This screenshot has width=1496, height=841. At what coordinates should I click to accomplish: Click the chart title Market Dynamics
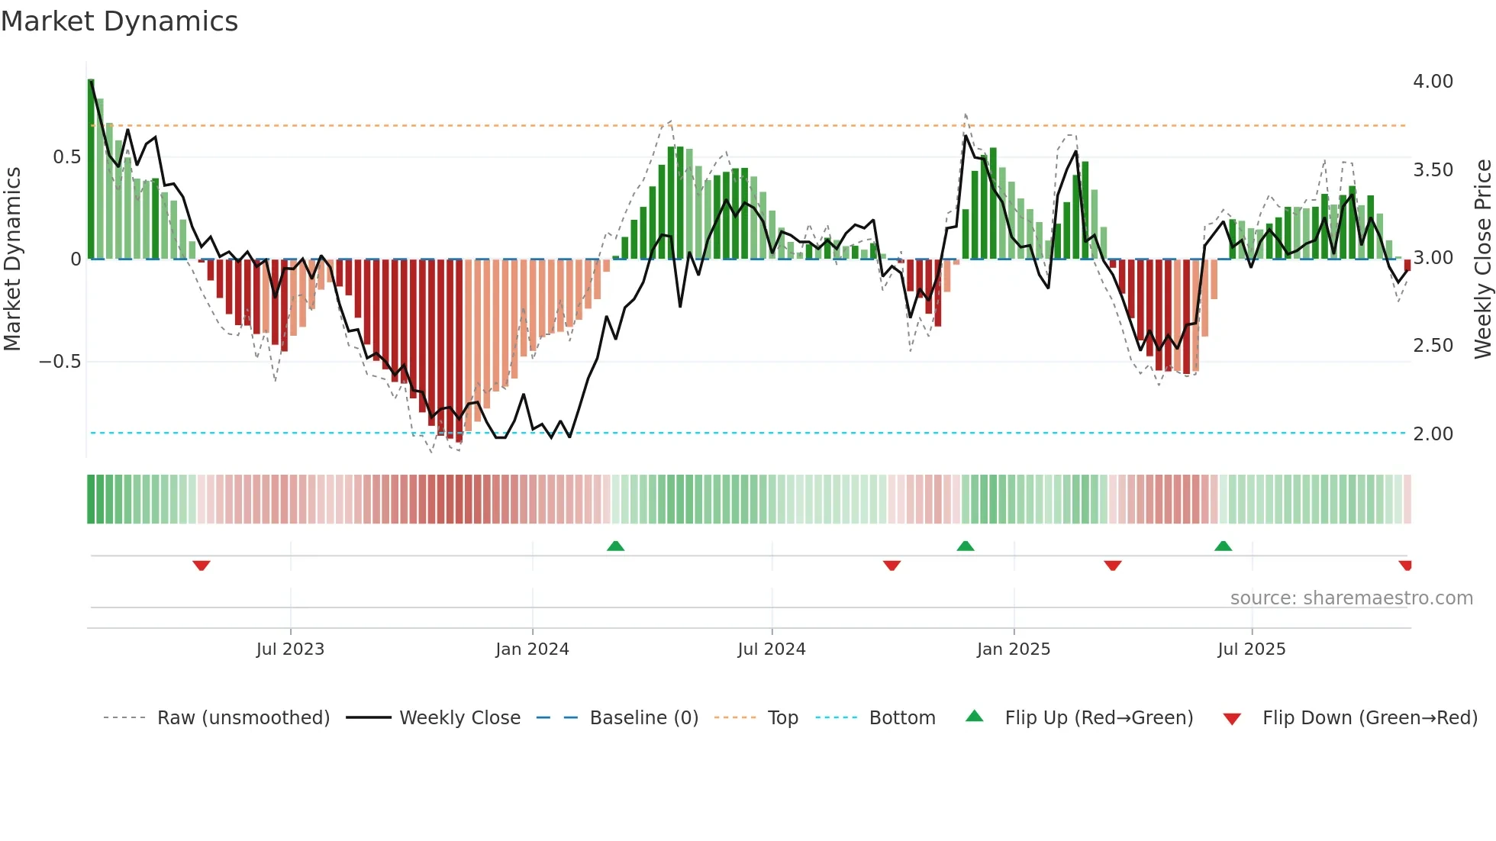click(x=119, y=21)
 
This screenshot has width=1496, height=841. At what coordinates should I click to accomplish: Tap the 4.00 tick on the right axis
click(x=1433, y=82)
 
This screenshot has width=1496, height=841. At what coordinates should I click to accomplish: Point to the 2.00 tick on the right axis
click(x=1433, y=434)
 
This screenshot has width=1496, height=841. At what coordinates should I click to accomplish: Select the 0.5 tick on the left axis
click(x=66, y=157)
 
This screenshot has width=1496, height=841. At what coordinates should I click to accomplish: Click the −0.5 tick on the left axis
click(x=60, y=362)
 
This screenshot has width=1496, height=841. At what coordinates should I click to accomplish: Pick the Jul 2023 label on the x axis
click(x=290, y=649)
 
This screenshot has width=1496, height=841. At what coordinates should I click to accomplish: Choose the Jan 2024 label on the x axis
click(x=532, y=649)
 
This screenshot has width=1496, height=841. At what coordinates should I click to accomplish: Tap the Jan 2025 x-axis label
click(x=1013, y=649)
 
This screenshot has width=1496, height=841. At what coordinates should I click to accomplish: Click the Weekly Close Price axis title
click(x=1482, y=259)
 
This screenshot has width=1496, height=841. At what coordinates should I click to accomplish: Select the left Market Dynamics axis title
click(x=12, y=259)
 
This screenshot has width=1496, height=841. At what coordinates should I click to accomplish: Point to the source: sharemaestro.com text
click(x=1351, y=598)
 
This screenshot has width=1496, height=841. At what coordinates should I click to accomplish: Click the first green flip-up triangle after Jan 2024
click(x=615, y=546)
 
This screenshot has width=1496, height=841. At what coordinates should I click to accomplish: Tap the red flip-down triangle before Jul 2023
click(x=202, y=565)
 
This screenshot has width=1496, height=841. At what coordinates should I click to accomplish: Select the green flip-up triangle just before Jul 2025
click(x=1223, y=546)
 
